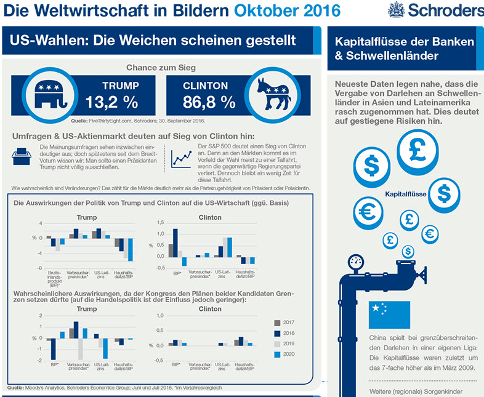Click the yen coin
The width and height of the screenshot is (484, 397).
[x=429, y=233]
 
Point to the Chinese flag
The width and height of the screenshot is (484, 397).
[x=389, y=315]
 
